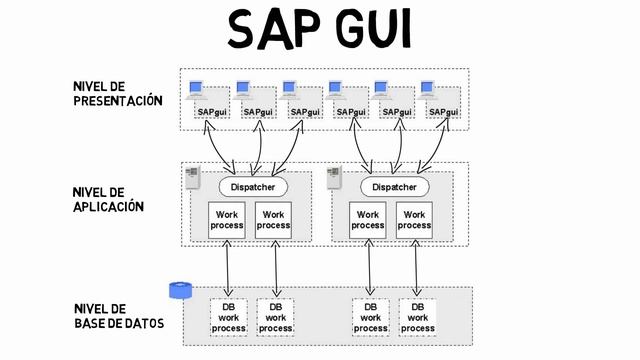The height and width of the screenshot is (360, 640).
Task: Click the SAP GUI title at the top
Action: (x=319, y=30)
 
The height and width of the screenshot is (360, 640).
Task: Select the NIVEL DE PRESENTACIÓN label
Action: (x=117, y=93)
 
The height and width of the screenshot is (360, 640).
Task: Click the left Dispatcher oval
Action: (x=253, y=187)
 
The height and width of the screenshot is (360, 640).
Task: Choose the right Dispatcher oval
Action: (x=394, y=187)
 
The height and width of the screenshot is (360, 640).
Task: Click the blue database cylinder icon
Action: (x=180, y=290)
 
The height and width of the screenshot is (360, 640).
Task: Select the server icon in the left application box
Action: (x=193, y=177)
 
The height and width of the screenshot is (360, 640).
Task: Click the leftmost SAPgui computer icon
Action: (x=198, y=91)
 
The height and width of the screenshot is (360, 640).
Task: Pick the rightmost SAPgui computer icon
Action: (x=431, y=91)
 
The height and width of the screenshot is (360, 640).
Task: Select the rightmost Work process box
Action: (x=414, y=220)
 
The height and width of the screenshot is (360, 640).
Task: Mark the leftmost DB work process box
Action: (x=229, y=316)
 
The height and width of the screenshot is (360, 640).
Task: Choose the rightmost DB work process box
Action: (x=417, y=316)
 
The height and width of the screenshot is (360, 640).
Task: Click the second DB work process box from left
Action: (x=275, y=316)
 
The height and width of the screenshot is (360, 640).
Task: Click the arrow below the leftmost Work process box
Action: (x=228, y=268)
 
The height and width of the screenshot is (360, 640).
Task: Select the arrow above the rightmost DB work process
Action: (x=416, y=268)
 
